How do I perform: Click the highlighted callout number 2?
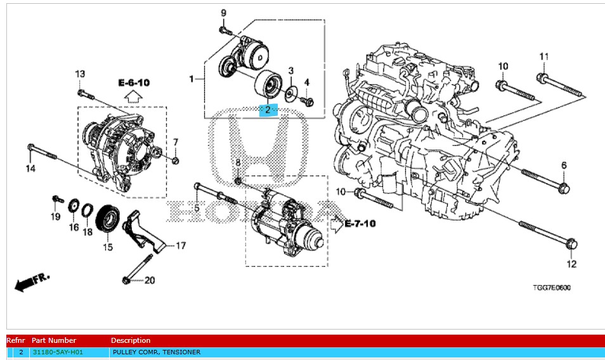click(x=268, y=110)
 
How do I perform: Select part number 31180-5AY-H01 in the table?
click(x=58, y=352)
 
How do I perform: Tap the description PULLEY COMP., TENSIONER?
click(x=156, y=352)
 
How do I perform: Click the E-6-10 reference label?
click(x=134, y=83)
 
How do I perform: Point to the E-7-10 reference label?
click(x=361, y=223)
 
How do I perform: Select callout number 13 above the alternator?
click(x=80, y=75)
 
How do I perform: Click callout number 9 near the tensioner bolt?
click(x=223, y=13)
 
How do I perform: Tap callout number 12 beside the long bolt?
click(x=571, y=264)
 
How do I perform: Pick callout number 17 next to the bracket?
click(x=181, y=245)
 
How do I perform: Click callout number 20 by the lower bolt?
click(x=149, y=280)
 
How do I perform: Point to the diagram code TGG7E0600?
click(x=551, y=288)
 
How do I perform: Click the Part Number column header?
click(x=54, y=340)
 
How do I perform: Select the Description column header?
click(x=131, y=340)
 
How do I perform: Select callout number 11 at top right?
click(x=543, y=58)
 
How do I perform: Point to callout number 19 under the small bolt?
click(x=55, y=217)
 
